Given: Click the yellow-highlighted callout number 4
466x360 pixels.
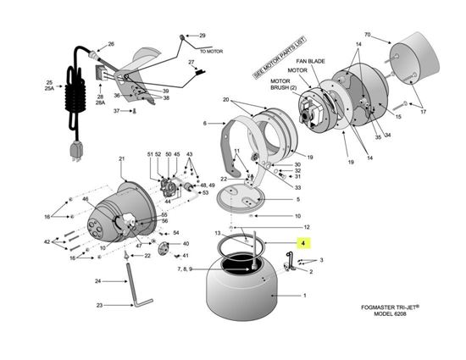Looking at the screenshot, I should point(300,242).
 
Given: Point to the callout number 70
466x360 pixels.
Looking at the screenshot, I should point(368,35).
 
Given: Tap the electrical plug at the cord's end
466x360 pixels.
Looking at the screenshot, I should point(75,152).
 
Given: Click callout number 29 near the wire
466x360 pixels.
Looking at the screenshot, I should point(202,36).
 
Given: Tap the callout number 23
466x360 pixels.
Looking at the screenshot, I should point(99,305).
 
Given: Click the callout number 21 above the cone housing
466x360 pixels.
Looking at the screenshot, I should point(121,159).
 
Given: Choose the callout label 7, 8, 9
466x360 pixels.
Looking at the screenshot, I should point(186,269).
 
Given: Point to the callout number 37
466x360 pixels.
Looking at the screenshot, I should point(118,110).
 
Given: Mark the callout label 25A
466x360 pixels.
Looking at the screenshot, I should point(50,87).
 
